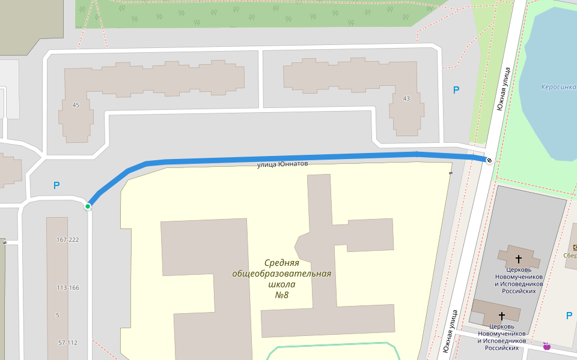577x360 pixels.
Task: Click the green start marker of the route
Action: click(88, 206)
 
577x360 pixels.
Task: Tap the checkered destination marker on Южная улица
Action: click(489, 160)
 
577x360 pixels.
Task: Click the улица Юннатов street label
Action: click(282, 164)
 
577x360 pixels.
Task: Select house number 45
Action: click(76, 105)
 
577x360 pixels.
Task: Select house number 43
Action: click(406, 98)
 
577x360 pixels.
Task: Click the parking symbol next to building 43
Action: click(456, 90)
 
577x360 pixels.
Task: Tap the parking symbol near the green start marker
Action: click(56, 185)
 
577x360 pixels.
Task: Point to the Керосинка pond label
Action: click(558, 87)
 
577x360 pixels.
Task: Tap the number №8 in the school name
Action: click(282, 295)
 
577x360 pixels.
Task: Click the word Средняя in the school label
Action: click(282, 263)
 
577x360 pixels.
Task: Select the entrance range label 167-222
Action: click(68, 240)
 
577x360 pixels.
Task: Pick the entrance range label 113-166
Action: click(68, 287)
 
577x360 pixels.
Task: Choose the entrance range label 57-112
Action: click(68, 343)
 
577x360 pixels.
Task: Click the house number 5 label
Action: click(57, 315)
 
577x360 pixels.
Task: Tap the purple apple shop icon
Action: click(547, 346)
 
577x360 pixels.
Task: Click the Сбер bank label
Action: click(570, 254)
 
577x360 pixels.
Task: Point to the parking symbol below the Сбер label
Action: click(569, 316)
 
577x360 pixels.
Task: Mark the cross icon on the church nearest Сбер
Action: click(519, 259)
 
